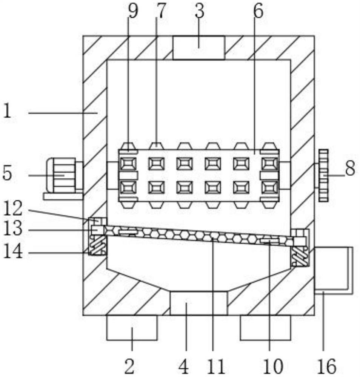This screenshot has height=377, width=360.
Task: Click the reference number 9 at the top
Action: click(133, 11)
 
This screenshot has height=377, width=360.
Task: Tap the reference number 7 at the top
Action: click(162, 11)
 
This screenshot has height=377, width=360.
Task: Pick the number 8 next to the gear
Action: click(350, 168)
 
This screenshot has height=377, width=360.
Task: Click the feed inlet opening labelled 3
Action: click(199, 48)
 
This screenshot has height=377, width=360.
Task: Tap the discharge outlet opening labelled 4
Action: click(198, 303)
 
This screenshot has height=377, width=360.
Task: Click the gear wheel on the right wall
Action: click(323, 175)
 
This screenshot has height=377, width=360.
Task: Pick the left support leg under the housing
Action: click(132, 328)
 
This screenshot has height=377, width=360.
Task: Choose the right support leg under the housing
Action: click(265, 328)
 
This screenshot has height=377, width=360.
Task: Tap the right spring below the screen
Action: click(300, 256)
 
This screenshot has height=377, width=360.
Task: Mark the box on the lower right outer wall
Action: click(334, 270)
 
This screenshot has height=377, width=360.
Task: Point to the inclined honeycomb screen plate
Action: click(199, 235)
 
